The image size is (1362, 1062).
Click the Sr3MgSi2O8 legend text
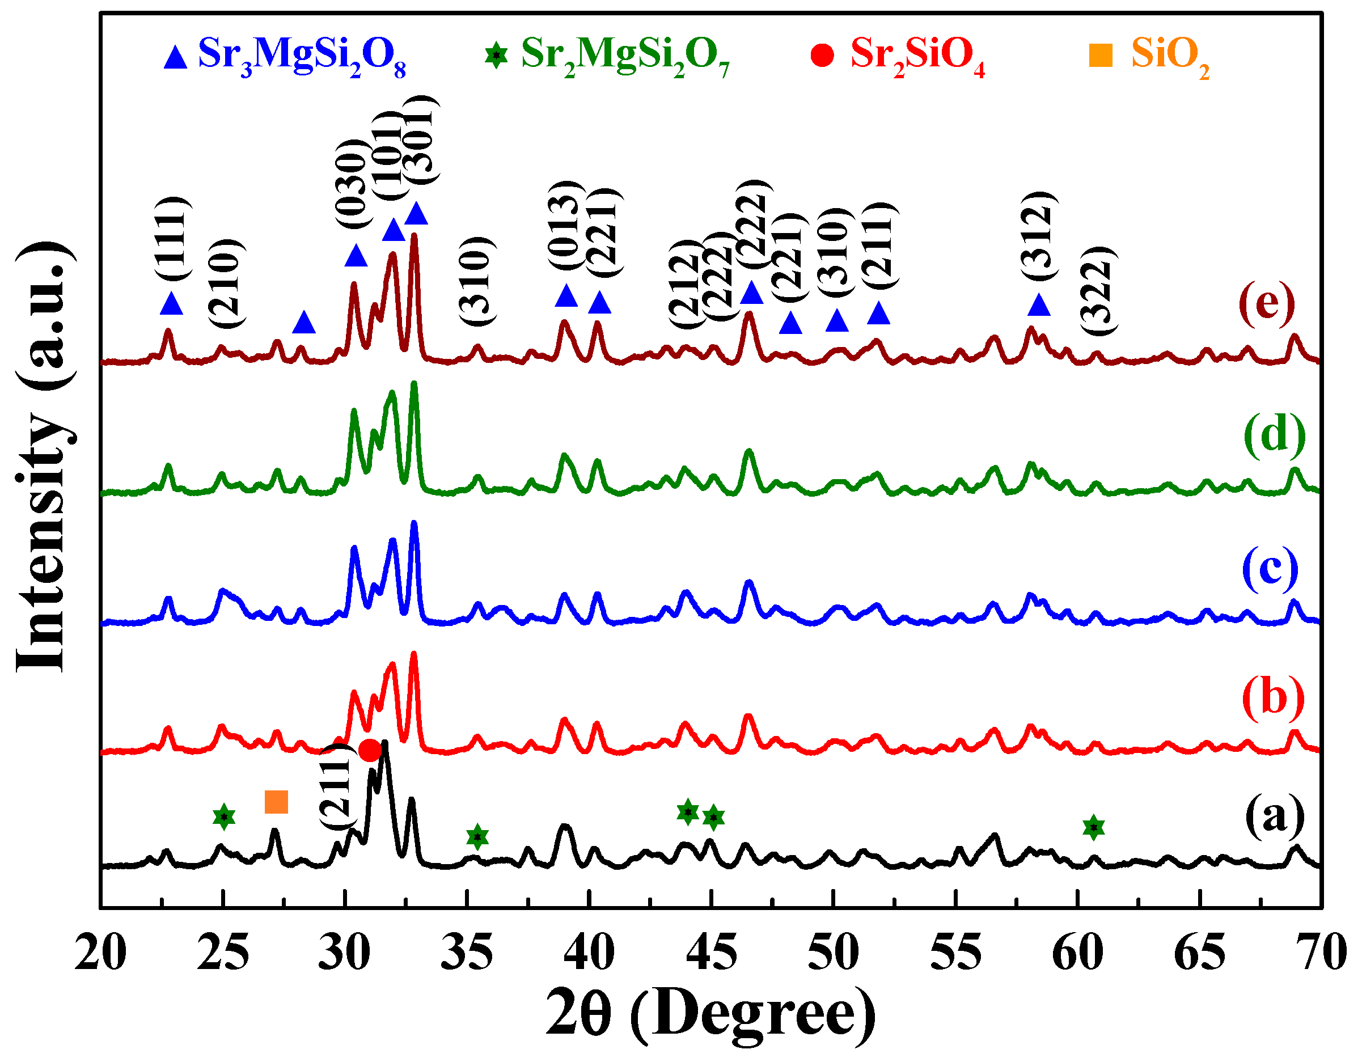[x=302, y=56]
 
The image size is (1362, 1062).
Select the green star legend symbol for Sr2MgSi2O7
[x=496, y=56]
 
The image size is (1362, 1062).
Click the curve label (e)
[x=1267, y=304]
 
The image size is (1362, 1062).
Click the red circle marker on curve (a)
[x=370, y=750]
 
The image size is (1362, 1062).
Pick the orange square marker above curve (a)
[x=276, y=802]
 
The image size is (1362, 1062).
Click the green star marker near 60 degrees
[x=1093, y=827]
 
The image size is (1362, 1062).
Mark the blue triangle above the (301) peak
[x=417, y=214]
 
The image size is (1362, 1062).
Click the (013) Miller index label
[x=566, y=226]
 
